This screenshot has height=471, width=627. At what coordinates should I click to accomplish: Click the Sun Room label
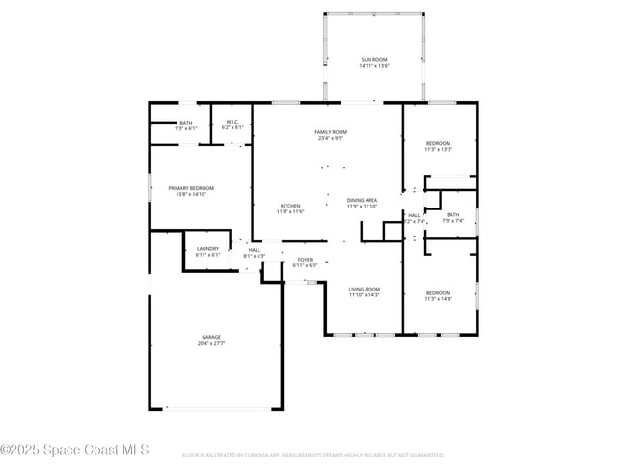(373, 60)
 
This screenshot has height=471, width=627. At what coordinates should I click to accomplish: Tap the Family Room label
(330, 132)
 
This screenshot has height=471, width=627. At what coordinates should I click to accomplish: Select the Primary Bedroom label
(191, 188)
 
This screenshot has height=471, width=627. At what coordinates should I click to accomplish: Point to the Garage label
(211, 337)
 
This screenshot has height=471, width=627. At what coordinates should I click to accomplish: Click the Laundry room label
(207, 249)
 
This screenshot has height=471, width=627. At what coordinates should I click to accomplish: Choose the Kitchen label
(290, 206)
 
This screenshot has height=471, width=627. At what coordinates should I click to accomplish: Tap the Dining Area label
(363, 200)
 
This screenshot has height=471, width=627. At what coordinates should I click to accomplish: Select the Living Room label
(364, 289)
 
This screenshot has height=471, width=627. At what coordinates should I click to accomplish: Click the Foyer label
(305, 260)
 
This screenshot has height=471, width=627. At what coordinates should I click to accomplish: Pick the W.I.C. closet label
(232, 122)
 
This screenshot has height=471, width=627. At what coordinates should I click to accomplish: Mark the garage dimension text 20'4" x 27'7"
(211, 343)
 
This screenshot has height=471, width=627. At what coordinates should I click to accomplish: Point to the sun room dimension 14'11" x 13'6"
(373, 66)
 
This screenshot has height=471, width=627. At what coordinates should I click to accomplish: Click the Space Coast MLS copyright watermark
(74, 449)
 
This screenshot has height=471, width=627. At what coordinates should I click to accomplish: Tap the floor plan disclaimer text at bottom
(313, 454)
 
